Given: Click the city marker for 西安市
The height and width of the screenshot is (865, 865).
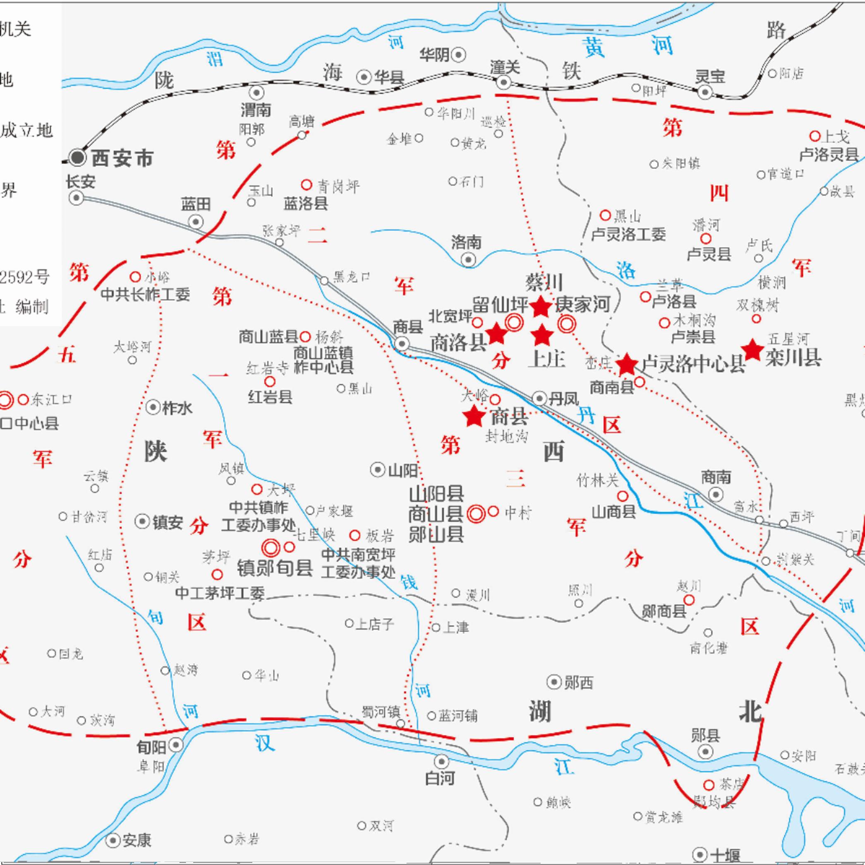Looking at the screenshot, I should [78, 157].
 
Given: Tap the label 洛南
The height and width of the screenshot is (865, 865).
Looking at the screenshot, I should [466, 243].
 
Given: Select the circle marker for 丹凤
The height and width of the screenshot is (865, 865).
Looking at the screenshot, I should [539, 398].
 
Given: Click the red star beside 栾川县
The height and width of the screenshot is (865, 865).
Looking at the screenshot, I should [752, 350].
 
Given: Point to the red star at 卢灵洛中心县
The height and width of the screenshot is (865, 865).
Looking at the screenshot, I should [626, 364].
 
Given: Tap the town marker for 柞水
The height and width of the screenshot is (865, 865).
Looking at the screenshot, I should [153, 407].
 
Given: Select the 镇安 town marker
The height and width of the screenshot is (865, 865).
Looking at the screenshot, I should [142, 521].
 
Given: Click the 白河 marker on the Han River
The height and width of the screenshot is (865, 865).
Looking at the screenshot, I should [441, 761].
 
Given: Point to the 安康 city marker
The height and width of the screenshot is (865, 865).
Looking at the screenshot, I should [113, 840].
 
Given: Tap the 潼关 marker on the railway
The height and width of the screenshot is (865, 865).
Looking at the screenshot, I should [504, 82].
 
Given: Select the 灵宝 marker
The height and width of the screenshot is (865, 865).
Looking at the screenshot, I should [705, 93].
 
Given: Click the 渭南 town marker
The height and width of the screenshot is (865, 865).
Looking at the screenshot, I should [256, 93].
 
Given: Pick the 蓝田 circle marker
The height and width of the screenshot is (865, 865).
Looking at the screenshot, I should [196, 222].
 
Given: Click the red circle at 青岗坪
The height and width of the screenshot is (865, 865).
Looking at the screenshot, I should [306, 185].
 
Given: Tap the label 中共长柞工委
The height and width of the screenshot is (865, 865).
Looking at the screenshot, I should [146, 294].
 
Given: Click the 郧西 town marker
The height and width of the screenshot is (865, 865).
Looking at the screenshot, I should [554, 682].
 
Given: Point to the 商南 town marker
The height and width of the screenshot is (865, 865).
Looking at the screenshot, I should [716, 495].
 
